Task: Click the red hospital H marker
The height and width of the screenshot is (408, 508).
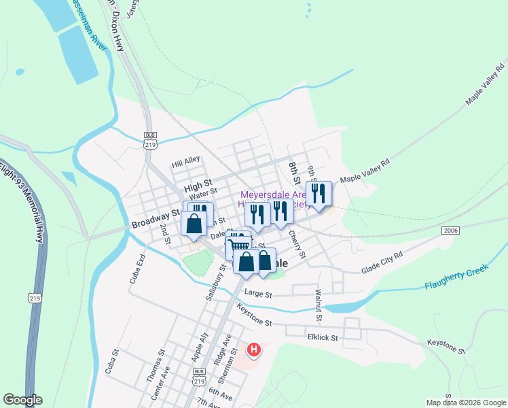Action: point(254,350)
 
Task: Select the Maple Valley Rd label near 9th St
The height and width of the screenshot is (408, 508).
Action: point(365,171)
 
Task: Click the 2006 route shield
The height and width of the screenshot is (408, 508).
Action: point(450,231)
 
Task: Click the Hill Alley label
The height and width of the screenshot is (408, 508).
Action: point(186,161)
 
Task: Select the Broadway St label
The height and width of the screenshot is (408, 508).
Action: point(155,222)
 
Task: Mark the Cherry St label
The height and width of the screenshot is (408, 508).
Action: point(297,244)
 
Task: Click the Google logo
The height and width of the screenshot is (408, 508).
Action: point(23,400)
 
